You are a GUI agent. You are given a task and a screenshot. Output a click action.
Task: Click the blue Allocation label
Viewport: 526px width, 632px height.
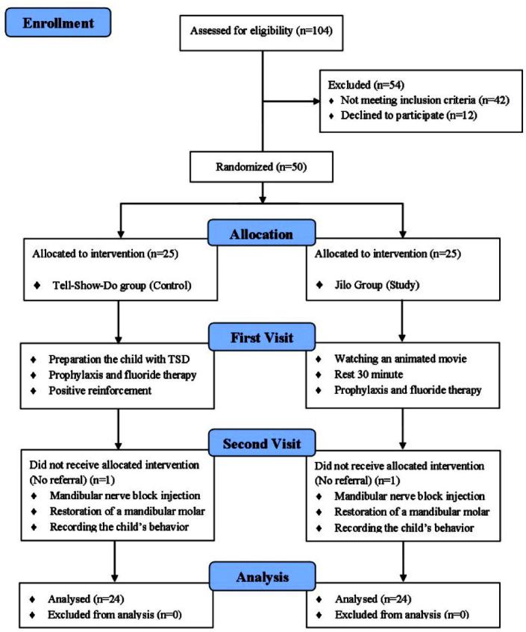click(x=261, y=234)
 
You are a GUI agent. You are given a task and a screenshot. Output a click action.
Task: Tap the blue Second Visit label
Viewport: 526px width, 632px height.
click(x=261, y=445)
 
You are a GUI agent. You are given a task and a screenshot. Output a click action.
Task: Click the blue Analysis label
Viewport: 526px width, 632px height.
click(x=261, y=578)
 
